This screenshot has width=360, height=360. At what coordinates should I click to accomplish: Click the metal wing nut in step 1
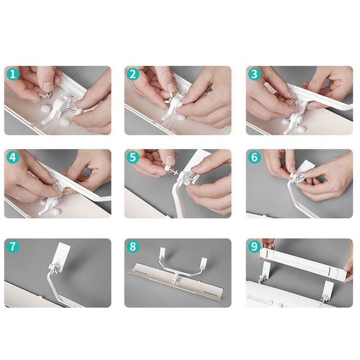point(46,96)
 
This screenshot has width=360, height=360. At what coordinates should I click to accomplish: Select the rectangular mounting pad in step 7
point(61,254)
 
